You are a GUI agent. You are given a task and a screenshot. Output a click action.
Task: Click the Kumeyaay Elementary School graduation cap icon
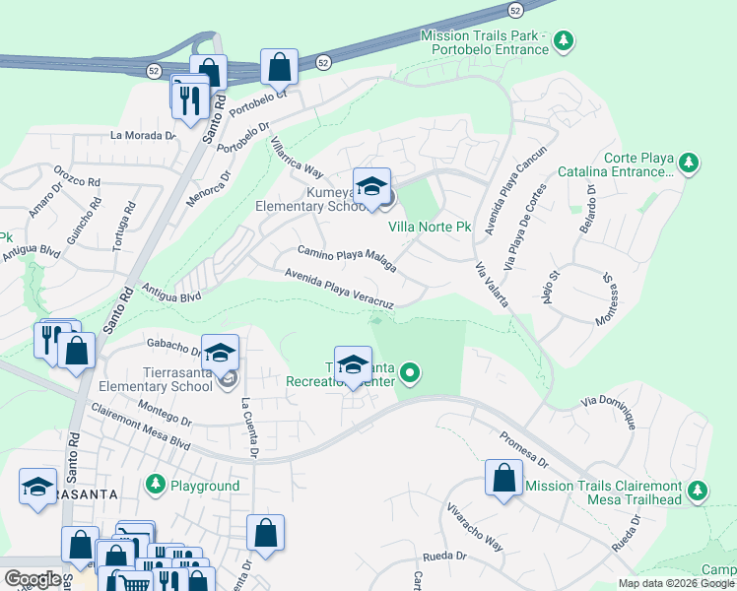coord(371,186)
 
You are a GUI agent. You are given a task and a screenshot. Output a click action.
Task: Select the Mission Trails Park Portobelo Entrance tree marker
coord(564,41)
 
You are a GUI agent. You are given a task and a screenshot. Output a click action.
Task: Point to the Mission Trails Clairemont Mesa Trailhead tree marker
coord(698,490)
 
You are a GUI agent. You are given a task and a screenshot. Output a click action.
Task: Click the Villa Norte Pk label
coord(430,228)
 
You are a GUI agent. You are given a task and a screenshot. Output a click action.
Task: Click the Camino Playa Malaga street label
coord(347,259)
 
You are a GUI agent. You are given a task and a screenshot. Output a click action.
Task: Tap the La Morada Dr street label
coord(143,136)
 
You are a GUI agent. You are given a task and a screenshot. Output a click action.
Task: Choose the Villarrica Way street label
coord(297,156)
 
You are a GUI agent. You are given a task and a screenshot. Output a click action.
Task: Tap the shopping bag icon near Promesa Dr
coord(503,478)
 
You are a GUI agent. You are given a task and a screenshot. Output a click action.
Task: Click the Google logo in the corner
coord(33,578)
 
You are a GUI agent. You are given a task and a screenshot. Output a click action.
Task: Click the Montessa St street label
coord(606,300)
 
